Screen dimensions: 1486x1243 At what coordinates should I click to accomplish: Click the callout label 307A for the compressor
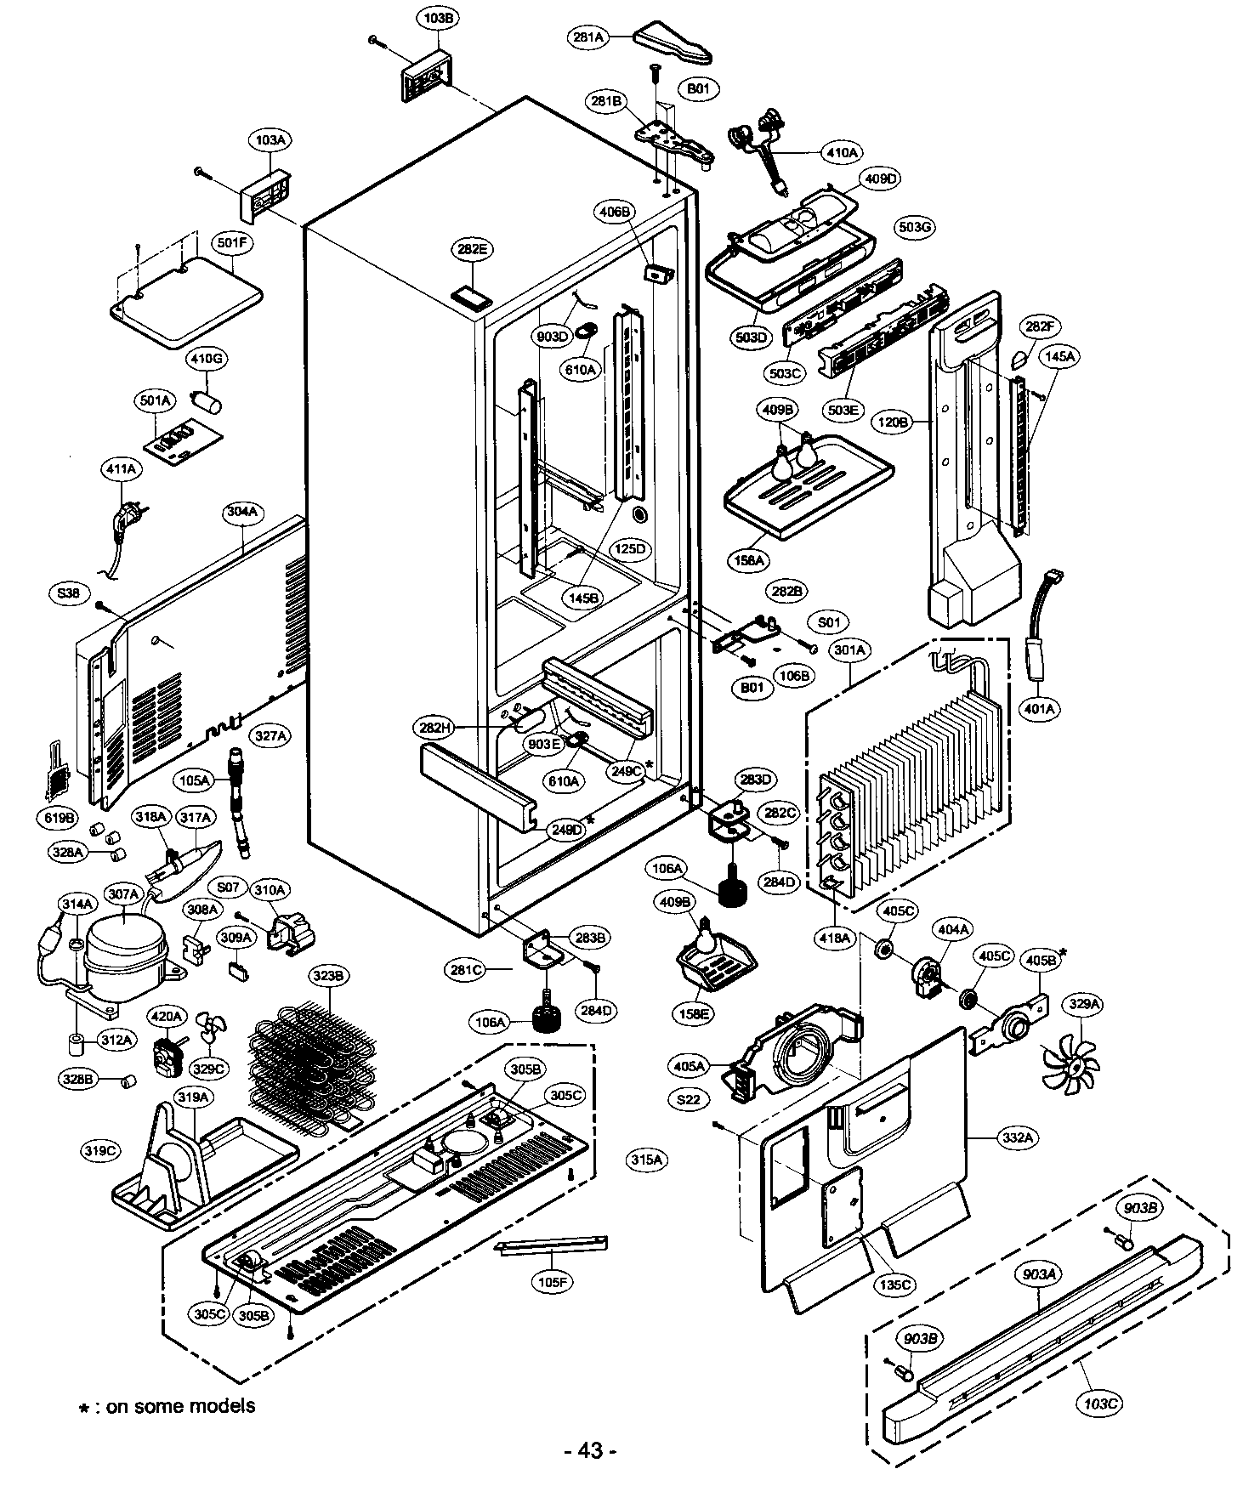[123, 893]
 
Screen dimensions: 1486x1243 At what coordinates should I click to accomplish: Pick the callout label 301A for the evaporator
[849, 649]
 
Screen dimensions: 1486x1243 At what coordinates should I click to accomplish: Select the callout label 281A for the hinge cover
[588, 37]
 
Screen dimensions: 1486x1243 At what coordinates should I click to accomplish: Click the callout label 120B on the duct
[894, 421]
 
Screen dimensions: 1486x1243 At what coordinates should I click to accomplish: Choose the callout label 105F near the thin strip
[552, 1281]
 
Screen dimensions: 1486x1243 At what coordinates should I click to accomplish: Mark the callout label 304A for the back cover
[242, 512]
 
